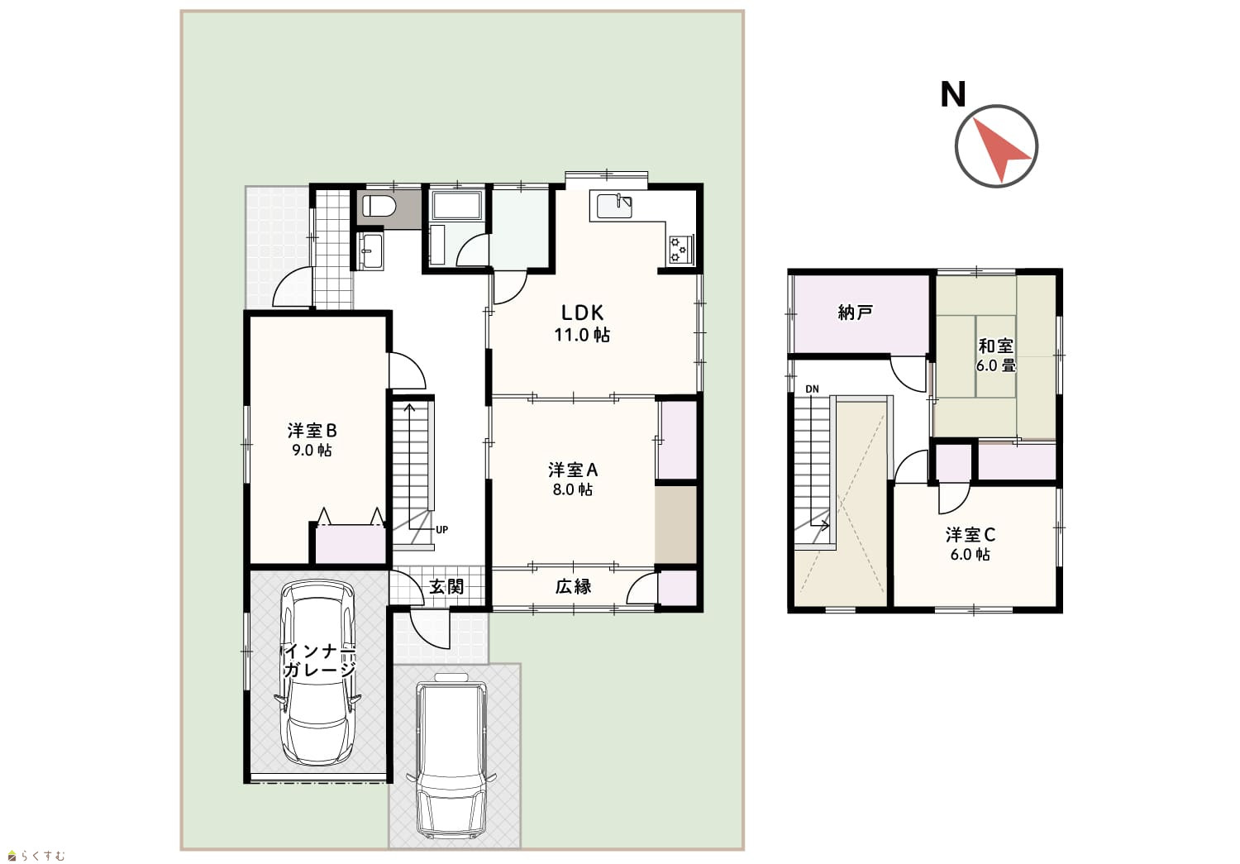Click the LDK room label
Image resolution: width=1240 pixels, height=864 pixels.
[x=582, y=313]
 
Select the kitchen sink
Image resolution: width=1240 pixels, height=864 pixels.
[x=614, y=205]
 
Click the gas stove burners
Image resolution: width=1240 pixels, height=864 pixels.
[x=681, y=249]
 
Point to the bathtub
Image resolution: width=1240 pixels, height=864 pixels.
[x=456, y=206]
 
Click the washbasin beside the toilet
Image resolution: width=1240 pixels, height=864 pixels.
[x=370, y=251]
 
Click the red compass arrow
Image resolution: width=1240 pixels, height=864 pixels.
[x=1000, y=150]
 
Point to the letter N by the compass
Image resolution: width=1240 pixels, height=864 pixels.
[x=952, y=94]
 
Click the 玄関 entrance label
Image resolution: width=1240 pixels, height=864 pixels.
[x=446, y=586]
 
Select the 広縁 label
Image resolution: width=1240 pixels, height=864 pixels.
[x=574, y=586]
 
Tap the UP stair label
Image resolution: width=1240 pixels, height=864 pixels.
[x=441, y=530]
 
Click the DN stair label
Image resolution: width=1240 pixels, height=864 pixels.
[x=812, y=389]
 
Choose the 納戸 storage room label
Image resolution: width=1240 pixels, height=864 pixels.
[x=856, y=313]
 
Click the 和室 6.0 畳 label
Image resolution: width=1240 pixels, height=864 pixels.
[x=996, y=356]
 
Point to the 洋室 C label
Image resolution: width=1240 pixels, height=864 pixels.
[x=971, y=535]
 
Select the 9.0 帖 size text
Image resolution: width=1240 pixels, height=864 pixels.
[x=312, y=451]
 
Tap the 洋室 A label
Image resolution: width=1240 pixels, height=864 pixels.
[x=573, y=470]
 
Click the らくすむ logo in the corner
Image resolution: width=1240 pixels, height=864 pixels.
[x=36, y=856]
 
